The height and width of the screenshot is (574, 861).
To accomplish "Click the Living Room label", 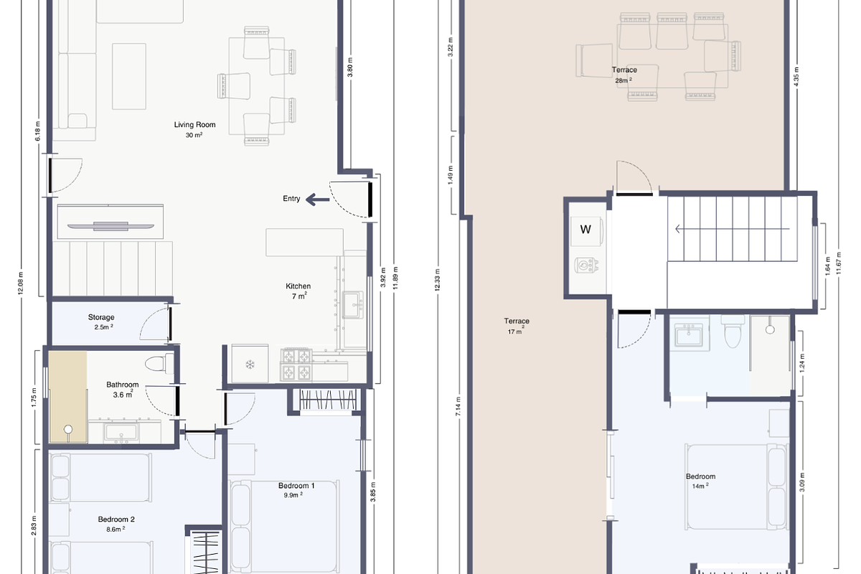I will (194, 125).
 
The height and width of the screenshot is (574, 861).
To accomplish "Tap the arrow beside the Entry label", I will (316, 199).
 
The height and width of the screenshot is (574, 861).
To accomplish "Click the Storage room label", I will (101, 317).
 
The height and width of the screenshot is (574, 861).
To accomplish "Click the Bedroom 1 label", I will (297, 486).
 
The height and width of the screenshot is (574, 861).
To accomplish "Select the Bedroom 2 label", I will (116, 519).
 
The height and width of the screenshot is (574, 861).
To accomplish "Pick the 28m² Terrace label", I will (624, 70).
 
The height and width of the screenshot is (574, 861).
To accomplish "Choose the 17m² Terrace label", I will (517, 321).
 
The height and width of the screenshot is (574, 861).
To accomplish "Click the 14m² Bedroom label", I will (700, 477).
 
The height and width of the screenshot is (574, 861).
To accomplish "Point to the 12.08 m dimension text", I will (21, 283).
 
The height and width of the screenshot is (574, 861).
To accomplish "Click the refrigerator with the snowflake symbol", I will (250, 364).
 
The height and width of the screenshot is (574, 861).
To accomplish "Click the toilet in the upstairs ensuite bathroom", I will (730, 332).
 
